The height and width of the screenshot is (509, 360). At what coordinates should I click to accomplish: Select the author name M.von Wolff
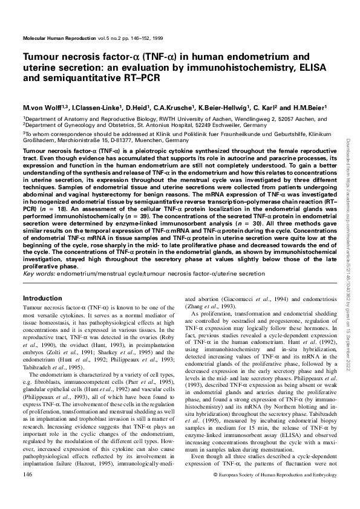point(42,107)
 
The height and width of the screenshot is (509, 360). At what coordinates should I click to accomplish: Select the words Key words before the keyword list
point(37,274)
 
